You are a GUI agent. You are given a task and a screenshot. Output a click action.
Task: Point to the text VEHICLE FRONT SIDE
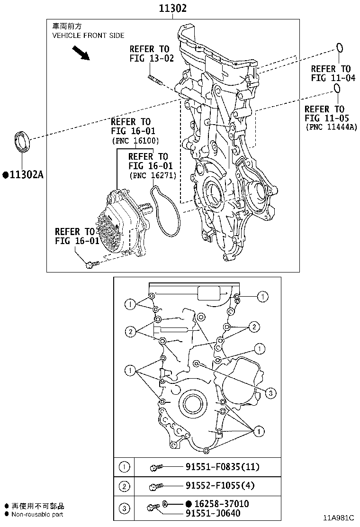[x=88, y=36]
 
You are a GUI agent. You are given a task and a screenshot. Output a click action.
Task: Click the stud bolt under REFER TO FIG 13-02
[x=155, y=81]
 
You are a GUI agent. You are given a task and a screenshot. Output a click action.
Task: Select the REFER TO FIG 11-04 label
[x=333, y=73]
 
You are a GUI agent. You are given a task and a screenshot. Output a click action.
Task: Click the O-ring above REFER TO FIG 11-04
[x=339, y=47]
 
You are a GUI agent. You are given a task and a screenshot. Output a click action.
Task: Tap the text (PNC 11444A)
[x=331, y=127]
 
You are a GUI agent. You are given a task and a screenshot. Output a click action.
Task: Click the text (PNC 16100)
[x=135, y=140]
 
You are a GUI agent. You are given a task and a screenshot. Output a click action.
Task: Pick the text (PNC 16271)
[x=152, y=175]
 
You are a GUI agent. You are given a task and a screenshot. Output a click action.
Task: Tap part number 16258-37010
[x=221, y=504]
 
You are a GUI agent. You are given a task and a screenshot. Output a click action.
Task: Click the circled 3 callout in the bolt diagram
[x=270, y=392]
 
